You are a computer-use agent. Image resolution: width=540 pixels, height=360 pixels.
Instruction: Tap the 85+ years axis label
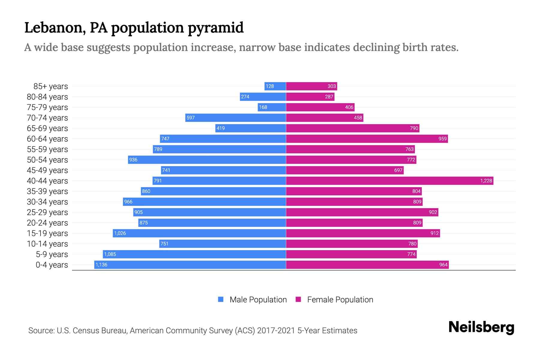click(x=50, y=86)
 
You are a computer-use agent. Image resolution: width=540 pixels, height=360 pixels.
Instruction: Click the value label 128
click(x=270, y=86)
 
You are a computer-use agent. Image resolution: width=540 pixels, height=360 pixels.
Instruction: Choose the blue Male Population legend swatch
click(x=221, y=299)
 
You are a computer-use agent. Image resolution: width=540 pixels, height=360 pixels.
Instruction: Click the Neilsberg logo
click(x=481, y=327)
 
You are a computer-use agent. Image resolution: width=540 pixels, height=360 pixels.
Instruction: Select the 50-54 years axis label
click(x=47, y=160)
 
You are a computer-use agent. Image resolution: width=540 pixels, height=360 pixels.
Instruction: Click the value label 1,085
click(x=110, y=254)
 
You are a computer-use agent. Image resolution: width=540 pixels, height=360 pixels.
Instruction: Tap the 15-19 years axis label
click(x=47, y=233)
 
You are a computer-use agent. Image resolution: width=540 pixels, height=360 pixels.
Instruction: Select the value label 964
click(x=443, y=265)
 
